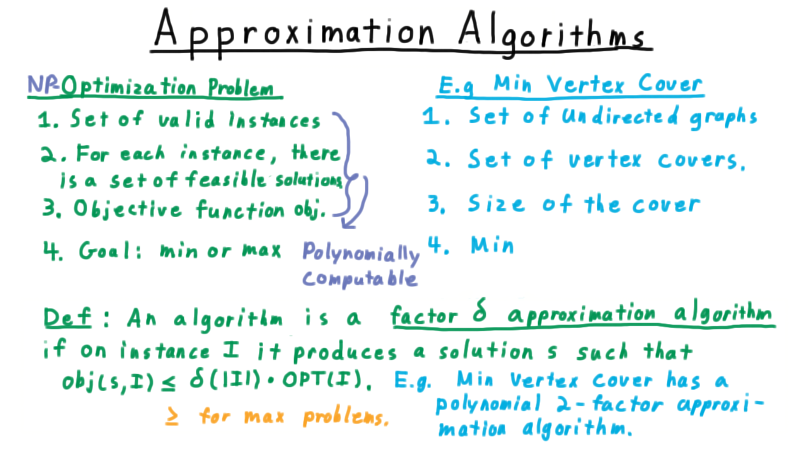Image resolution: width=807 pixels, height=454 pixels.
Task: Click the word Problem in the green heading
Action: click(241, 87)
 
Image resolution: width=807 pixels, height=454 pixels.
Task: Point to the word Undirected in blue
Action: click(620, 117)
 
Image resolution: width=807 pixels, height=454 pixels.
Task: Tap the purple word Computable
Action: click(359, 278)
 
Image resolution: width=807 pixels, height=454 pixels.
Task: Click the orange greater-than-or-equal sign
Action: click(172, 416)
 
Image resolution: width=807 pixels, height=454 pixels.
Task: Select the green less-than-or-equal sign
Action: click(168, 382)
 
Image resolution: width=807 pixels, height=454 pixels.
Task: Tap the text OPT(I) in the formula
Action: click(322, 380)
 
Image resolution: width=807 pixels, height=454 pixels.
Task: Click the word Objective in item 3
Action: click(127, 208)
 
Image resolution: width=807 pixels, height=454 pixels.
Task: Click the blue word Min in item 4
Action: click(492, 245)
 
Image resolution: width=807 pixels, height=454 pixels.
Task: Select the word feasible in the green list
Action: click(226, 178)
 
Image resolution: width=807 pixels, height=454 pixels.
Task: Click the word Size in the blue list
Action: click(496, 203)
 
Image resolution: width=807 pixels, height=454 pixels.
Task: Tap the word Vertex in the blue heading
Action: click(584, 85)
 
